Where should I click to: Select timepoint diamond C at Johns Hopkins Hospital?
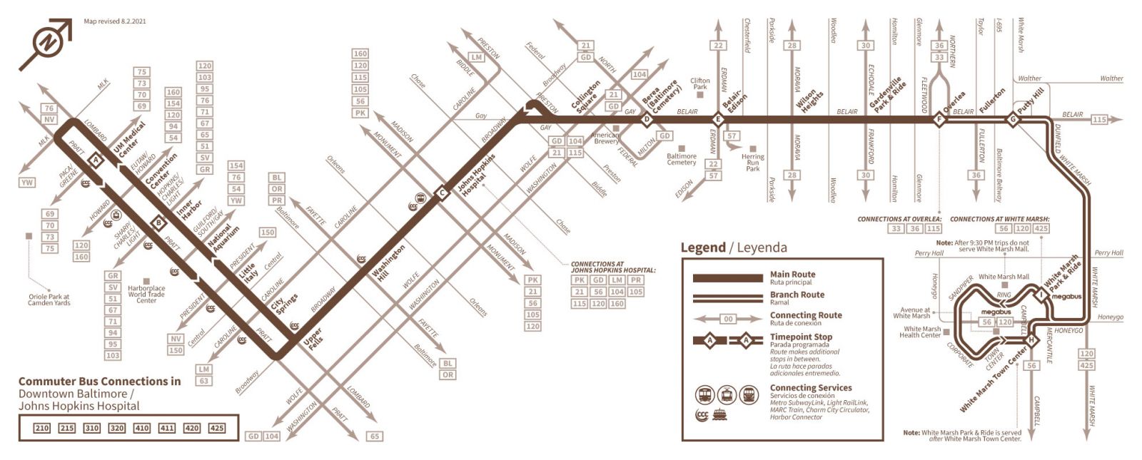[442, 193]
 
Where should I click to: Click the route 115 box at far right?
[1099, 120]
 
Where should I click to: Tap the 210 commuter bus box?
[42, 428]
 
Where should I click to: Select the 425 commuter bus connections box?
[216, 428]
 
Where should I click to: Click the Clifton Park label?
[700, 83]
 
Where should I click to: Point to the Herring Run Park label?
[752, 163]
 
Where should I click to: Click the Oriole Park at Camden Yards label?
[49, 300]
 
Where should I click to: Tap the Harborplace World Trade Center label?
[146, 294]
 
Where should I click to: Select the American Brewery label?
[605, 138]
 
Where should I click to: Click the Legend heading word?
[702, 247]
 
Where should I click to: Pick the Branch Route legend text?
[797, 295]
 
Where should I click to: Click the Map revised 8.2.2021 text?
[115, 21]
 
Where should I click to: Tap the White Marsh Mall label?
[1004, 277]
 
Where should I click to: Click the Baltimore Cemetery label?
[682, 159]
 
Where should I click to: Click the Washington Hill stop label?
[388, 263]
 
